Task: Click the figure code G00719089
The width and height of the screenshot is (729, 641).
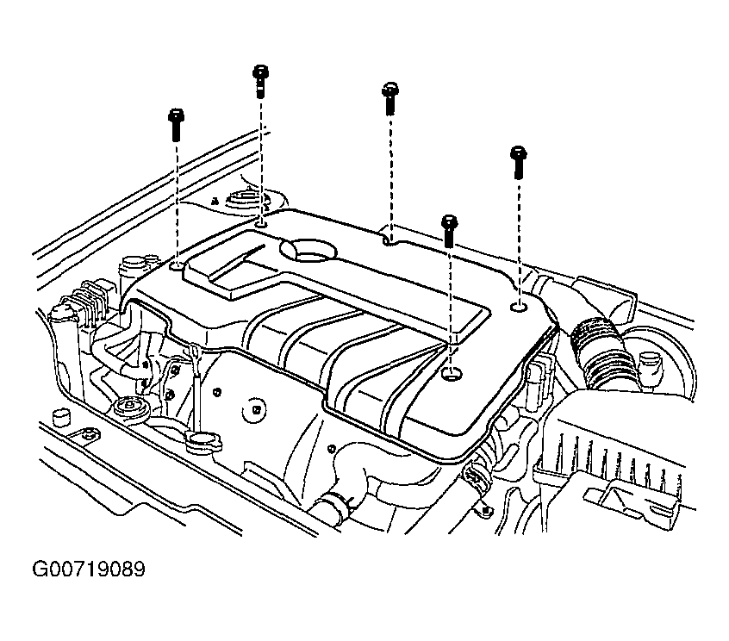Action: (89, 569)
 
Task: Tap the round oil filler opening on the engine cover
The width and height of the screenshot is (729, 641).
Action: (308, 249)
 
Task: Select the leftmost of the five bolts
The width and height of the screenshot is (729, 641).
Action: (176, 125)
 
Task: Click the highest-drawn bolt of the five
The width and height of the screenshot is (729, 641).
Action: (261, 81)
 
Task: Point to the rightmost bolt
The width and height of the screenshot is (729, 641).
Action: (519, 162)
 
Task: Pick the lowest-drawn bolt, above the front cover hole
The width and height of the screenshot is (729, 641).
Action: (450, 231)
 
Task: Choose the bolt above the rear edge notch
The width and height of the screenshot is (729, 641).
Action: (390, 98)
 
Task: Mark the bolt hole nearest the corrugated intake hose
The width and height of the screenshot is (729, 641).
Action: (519, 307)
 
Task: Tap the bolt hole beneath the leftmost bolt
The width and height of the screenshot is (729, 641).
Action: (178, 266)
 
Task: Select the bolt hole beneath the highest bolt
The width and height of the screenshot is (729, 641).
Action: (261, 225)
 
